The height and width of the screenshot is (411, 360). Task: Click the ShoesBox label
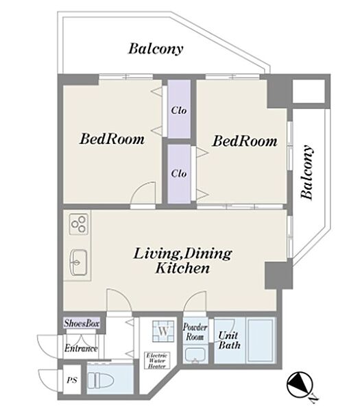[82, 323]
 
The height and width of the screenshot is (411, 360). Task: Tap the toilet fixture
[101, 380]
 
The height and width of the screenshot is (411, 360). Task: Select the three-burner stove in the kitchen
[78, 225]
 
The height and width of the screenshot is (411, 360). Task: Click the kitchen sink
[78, 262]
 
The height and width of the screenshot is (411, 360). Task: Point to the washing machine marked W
[163, 331]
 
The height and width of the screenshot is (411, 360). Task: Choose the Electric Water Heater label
[157, 361]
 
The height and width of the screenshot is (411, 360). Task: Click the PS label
[72, 379]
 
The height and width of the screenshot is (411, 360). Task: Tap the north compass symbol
[300, 385]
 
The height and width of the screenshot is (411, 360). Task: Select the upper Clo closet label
[179, 110]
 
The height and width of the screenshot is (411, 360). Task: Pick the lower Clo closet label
[179, 173]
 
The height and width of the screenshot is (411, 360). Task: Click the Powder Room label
[195, 332]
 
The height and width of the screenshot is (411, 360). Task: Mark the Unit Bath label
[229, 340]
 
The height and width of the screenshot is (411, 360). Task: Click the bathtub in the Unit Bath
[261, 340]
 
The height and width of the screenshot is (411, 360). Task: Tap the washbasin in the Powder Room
[195, 355]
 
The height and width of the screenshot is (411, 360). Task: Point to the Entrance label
[81, 348]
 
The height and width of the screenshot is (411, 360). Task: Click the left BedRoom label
[112, 139]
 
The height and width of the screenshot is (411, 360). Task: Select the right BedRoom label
[245, 141]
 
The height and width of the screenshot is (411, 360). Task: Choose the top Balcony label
[156, 49]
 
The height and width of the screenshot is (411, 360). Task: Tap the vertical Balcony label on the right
[307, 172]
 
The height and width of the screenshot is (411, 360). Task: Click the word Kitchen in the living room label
[182, 268]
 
